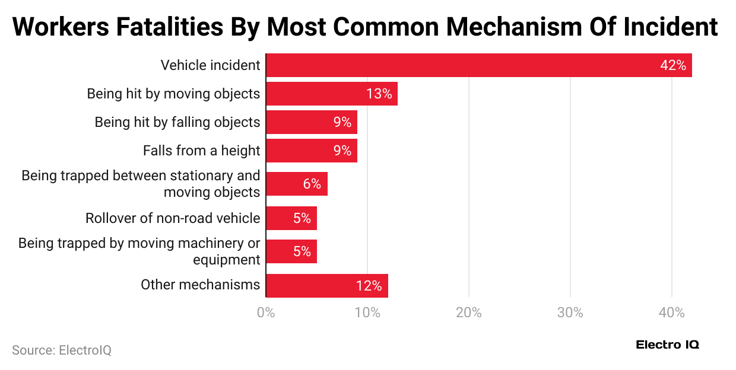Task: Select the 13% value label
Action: point(379,94)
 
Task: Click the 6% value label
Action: point(312,184)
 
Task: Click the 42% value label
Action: point(672,65)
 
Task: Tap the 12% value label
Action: point(369,286)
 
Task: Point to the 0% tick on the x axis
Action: point(265,312)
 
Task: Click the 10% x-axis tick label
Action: point(367,312)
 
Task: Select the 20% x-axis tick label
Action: point(468,312)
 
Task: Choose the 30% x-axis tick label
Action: point(570,312)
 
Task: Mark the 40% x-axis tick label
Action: point(671,312)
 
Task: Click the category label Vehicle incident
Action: point(210,65)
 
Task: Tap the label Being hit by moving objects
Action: point(173,94)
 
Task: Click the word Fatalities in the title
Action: point(178,27)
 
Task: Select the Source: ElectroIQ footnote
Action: point(62,350)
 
